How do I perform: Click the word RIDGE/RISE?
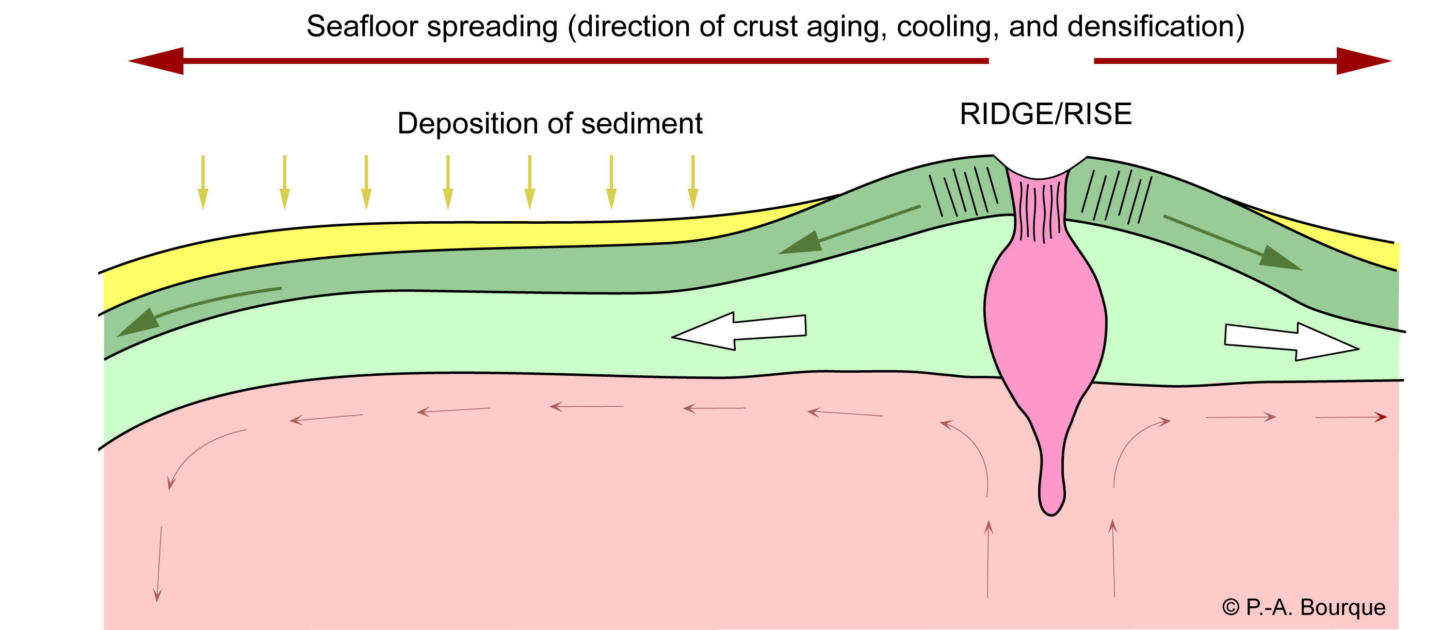pyautogui.click(x=1045, y=114)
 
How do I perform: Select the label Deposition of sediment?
pyautogui.click(x=549, y=124)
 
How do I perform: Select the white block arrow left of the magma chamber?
pyautogui.click(x=738, y=331)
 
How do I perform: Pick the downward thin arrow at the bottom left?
pyautogui.click(x=159, y=565)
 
